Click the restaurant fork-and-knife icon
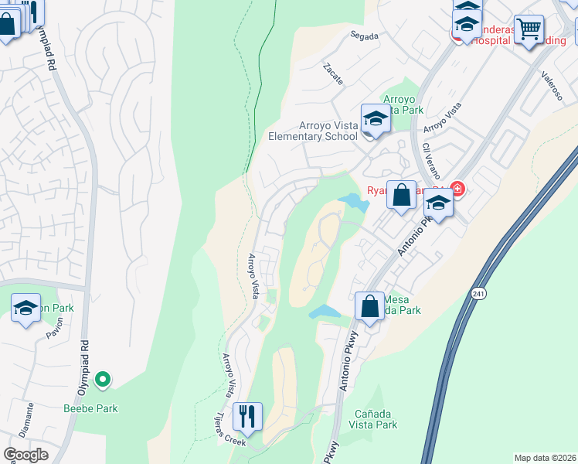(x=247, y=415)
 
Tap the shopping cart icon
(x=529, y=29)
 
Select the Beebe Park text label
(x=90, y=408)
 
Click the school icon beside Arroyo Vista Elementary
(x=374, y=118)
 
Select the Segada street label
(x=364, y=36)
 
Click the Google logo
(x=25, y=454)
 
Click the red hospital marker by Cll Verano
(x=457, y=188)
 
